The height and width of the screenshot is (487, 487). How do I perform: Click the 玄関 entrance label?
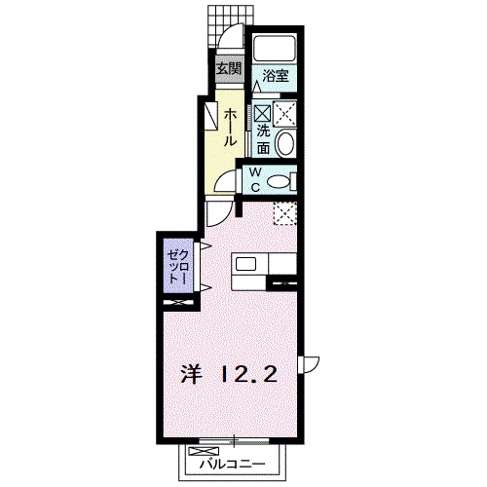[x=229, y=68]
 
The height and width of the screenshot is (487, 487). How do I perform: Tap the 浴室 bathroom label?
[x=276, y=76]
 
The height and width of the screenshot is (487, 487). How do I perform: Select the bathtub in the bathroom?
[x=275, y=49]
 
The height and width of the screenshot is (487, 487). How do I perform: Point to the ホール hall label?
[x=230, y=127]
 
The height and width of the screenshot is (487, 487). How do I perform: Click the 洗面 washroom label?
[x=263, y=139]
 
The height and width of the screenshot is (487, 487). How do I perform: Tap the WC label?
[x=255, y=179]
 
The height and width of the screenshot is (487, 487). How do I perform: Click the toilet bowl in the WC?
[x=279, y=181]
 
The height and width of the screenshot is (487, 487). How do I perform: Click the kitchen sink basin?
[x=245, y=264]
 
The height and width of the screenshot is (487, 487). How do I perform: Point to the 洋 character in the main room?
[x=192, y=374]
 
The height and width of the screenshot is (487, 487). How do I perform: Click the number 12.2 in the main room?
[x=249, y=374]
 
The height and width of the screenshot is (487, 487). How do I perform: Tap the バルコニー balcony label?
[x=232, y=465]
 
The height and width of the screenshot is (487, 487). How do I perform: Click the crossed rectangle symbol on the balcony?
[x=204, y=451]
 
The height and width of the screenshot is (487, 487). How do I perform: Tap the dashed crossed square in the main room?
[x=285, y=213]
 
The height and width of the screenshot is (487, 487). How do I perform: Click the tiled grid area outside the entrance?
[x=230, y=26]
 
